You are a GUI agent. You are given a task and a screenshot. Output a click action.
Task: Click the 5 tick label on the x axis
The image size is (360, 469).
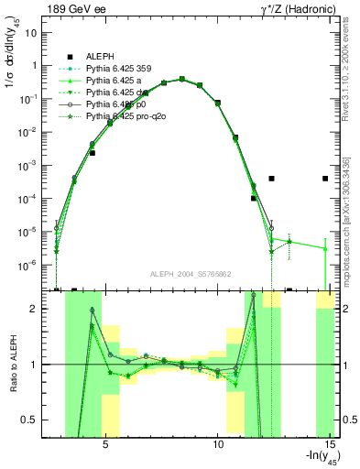pos(106,443)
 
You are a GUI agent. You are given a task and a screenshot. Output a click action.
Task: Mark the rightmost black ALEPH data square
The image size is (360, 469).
pos(325,179)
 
